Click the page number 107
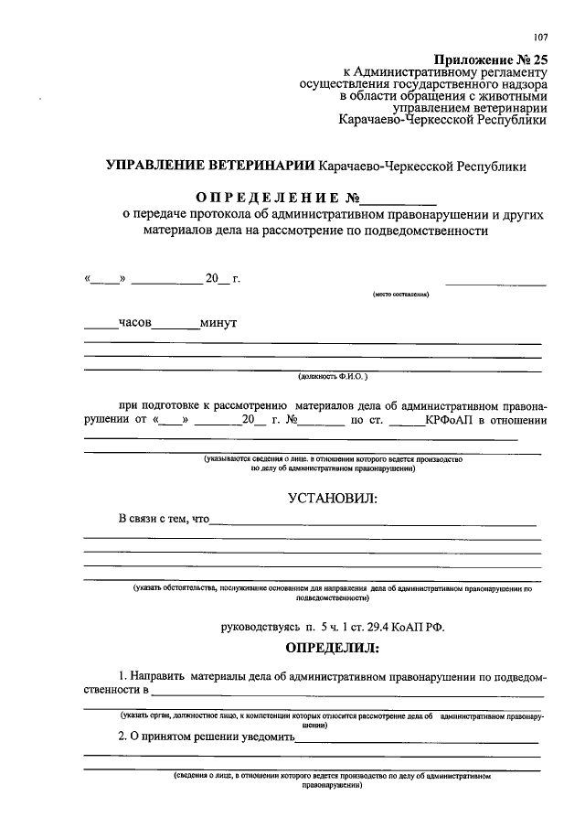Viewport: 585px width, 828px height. (540, 37)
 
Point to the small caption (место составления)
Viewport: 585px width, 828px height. (399, 295)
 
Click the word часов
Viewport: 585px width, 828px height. (134, 322)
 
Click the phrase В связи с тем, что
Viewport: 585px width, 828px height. (164, 520)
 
